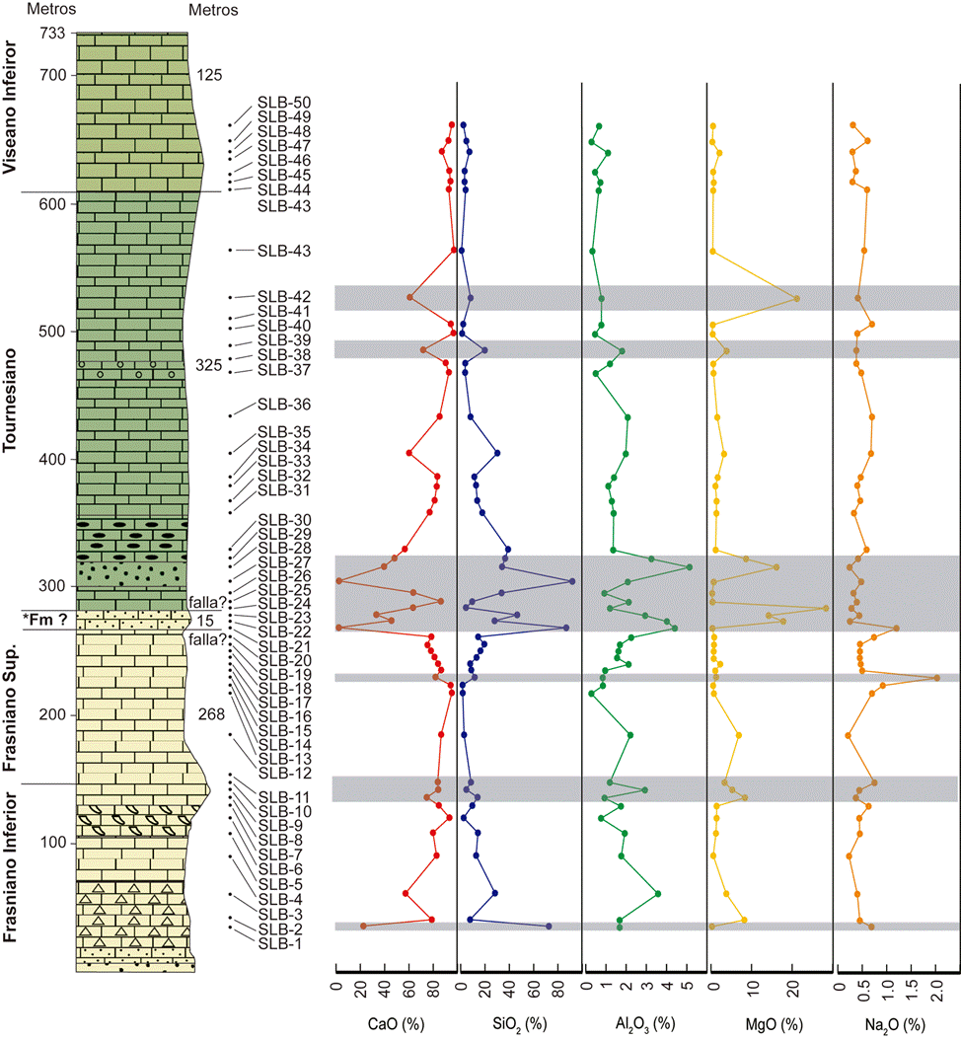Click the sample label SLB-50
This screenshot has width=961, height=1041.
284,103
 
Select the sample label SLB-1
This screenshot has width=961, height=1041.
281,943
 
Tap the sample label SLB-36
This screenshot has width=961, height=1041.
284,405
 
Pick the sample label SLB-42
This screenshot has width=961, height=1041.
284,297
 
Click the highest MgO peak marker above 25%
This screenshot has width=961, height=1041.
827,608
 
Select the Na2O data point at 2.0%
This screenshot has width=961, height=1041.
936,678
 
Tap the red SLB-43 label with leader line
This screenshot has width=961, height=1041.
284,252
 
